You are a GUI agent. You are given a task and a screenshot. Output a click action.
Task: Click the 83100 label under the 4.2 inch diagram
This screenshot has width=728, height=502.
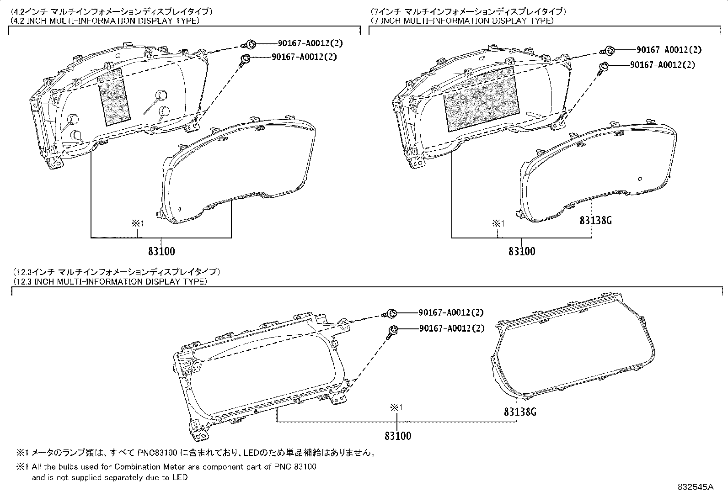(x=161, y=251)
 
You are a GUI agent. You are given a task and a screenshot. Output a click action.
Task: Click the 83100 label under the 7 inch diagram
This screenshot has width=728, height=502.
(x=521, y=251)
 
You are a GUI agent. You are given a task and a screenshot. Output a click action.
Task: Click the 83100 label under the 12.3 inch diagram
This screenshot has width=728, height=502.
(x=397, y=436)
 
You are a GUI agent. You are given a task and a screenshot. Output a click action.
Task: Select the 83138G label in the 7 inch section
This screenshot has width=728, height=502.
(x=595, y=221)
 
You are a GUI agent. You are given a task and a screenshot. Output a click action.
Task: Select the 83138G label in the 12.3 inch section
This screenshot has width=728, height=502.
(x=520, y=412)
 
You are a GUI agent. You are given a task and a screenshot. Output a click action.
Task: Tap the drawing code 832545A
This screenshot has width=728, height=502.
(x=695, y=487)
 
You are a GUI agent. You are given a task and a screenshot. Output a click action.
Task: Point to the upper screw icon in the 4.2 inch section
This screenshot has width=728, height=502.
(x=251, y=44)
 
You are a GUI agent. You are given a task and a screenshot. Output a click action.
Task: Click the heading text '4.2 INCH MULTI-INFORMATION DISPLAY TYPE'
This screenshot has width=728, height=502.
(x=105, y=21)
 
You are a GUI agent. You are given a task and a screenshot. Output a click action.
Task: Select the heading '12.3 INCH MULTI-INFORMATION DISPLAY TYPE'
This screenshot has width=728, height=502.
(x=110, y=281)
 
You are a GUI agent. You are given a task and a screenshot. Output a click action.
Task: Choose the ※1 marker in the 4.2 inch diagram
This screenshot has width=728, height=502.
(x=138, y=223)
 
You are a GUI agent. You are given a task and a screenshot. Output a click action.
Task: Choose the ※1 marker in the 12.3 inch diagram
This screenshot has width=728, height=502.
(x=396, y=407)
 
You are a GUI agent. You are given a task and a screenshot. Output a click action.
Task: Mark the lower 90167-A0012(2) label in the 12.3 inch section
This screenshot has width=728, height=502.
(x=451, y=328)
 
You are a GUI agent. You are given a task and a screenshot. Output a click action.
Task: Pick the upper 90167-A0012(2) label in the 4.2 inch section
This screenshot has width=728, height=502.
(x=310, y=43)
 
